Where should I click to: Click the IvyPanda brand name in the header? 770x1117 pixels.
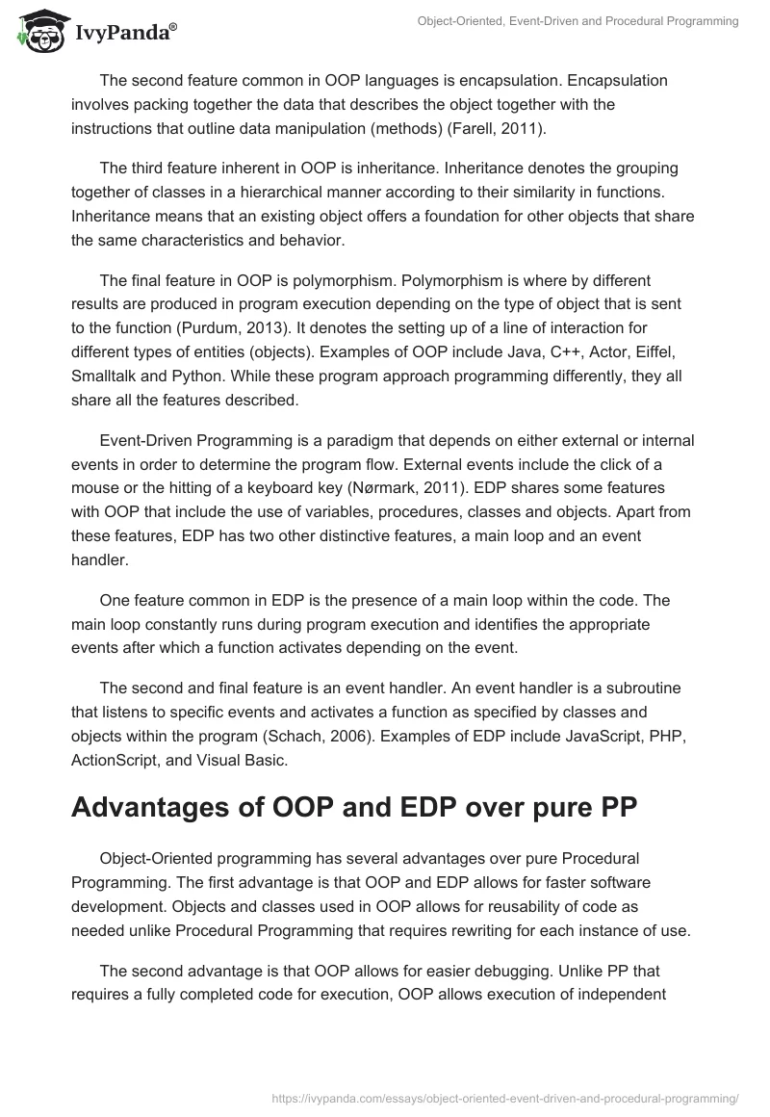click(x=125, y=33)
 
